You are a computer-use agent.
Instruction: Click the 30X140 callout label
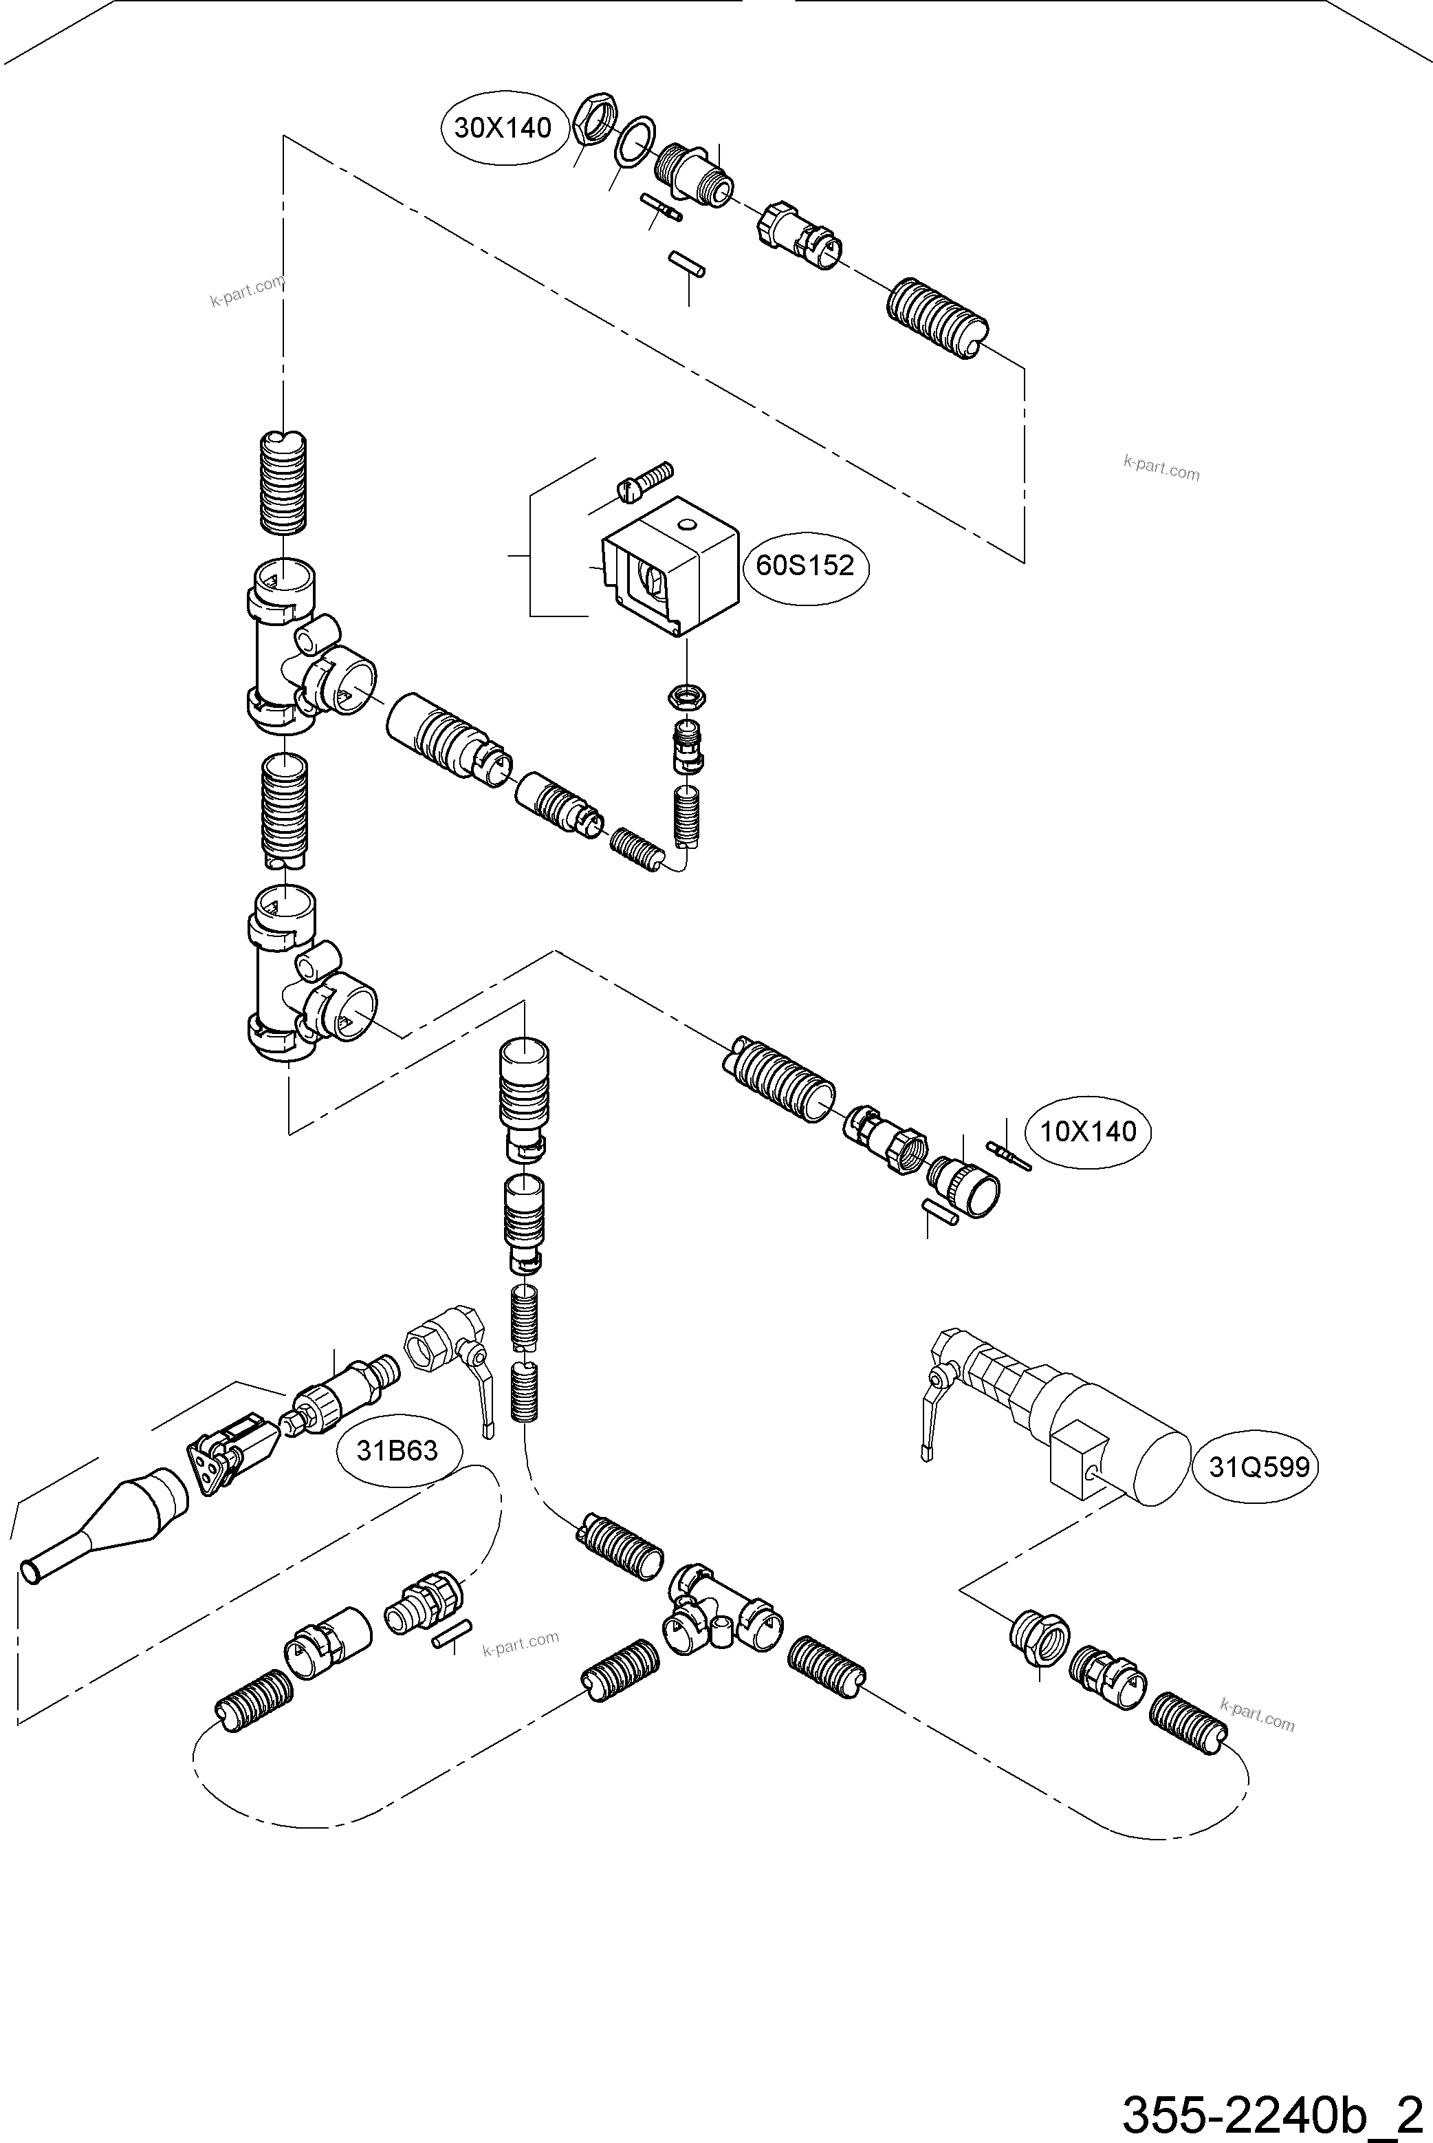pyautogui.click(x=503, y=128)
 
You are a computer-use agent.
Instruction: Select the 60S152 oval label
pyautogui.click(x=805, y=566)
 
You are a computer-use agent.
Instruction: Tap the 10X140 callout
pyautogui.click(x=1088, y=1132)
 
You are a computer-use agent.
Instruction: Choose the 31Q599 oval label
pyautogui.click(x=1258, y=1467)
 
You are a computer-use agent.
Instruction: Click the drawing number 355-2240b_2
pyautogui.click(x=1275, y=2112)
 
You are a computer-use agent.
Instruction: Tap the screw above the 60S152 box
pyautogui.click(x=645, y=481)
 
